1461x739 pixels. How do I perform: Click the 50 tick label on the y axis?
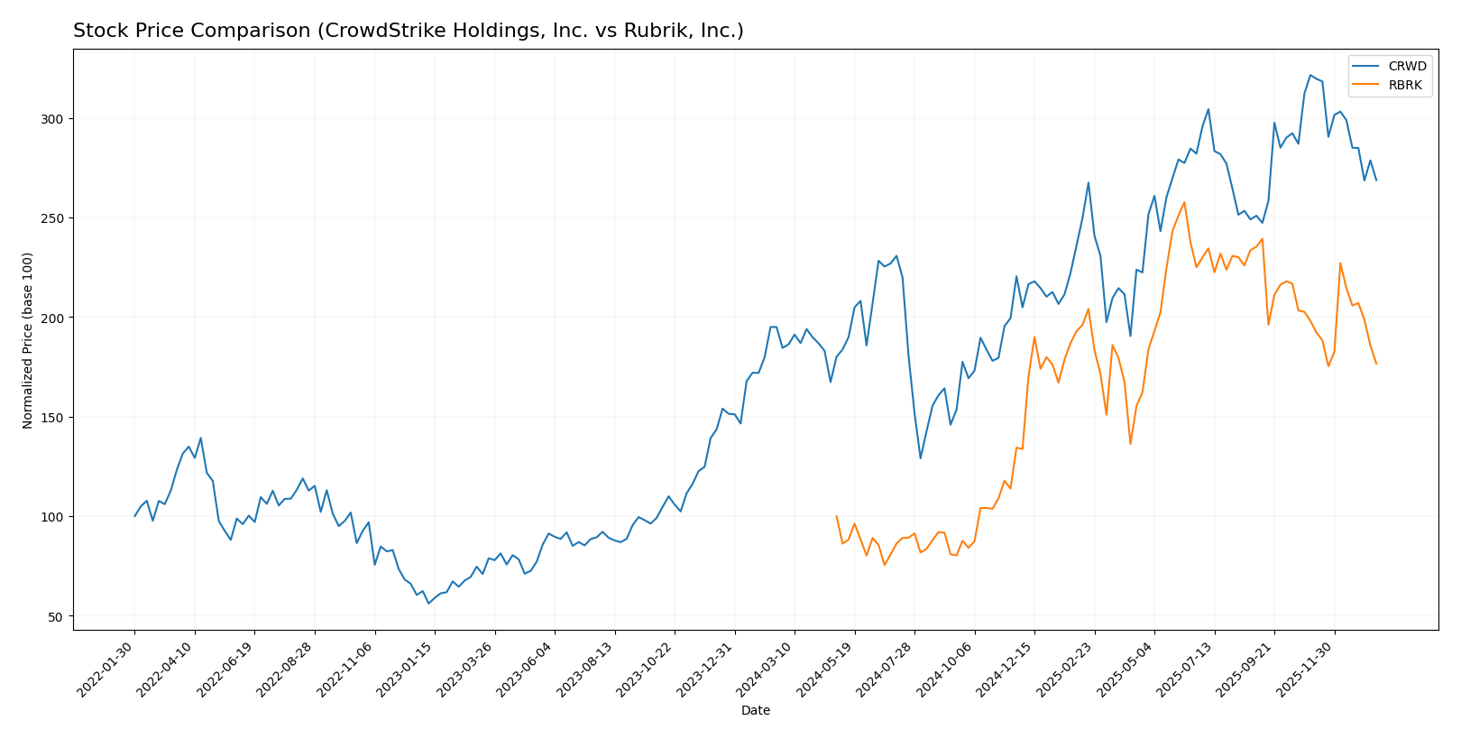coord(55,616)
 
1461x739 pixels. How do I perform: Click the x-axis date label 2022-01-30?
coord(106,669)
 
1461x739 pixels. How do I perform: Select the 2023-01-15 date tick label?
coord(406,669)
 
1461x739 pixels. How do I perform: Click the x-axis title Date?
coord(756,711)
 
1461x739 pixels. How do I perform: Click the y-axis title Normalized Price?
coord(28,340)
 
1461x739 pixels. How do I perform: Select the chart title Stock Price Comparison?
coord(408,32)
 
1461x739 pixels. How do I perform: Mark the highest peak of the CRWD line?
coord(1310,75)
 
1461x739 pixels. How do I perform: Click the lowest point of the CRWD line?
coord(428,603)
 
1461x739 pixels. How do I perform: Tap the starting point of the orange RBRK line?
coord(836,516)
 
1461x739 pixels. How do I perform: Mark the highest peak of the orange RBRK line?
coord(1184,202)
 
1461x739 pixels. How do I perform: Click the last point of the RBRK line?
coord(1376,364)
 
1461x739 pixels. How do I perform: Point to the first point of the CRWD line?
coord(134,516)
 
